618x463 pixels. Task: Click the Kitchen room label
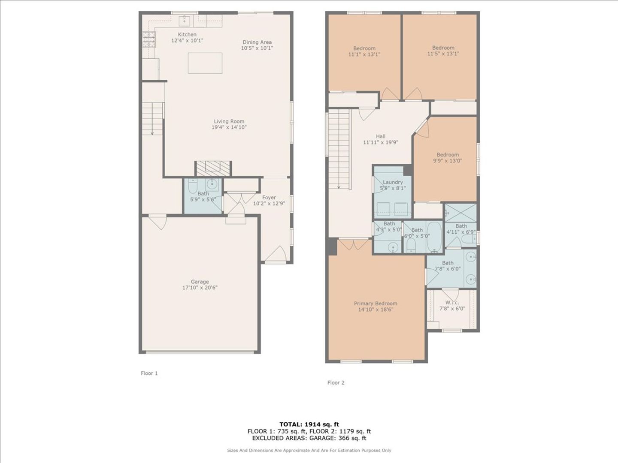(187, 35)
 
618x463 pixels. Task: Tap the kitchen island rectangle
(205, 63)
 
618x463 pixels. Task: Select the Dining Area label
(257, 42)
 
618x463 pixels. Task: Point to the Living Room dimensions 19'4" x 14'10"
(229, 127)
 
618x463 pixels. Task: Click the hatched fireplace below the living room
(213, 168)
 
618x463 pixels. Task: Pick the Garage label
(200, 282)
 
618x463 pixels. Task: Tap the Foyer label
(269, 197)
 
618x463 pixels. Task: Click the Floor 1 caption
(149, 373)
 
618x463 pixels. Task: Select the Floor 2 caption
(336, 382)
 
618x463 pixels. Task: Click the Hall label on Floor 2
(381, 136)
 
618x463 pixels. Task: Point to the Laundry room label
(393, 182)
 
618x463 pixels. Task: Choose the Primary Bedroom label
(376, 304)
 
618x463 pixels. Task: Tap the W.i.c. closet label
(452, 303)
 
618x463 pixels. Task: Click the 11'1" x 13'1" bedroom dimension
(364, 54)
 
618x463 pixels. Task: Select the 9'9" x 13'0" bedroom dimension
(448, 161)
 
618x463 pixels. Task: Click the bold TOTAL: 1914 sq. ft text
(309, 424)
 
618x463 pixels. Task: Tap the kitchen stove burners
(148, 39)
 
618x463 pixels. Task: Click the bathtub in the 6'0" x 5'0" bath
(434, 236)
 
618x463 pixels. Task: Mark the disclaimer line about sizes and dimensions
(309, 450)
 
